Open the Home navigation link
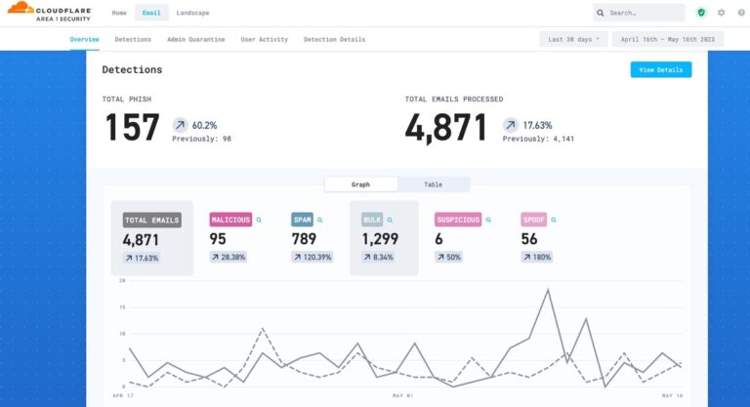(119, 13)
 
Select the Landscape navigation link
(192, 13)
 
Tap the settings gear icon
(722, 13)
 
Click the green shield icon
(701, 13)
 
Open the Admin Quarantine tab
(195, 39)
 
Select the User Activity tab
(264, 39)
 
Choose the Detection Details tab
(334, 39)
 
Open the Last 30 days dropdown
(574, 39)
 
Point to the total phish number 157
(132, 128)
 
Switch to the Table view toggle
(433, 183)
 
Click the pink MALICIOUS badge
(230, 220)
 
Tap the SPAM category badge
(302, 220)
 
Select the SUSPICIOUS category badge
(459, 220)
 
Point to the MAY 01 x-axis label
(402, 395)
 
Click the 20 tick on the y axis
(122, 280)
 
